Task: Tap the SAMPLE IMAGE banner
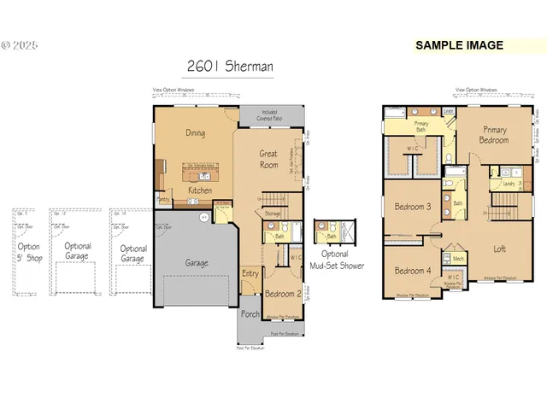[x=459, y=45]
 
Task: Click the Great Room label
[x=269, y=159]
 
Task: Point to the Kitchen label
[x=200, y=190]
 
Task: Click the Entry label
[x=250, y=273]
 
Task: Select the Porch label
[x=250, y=313]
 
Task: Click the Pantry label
[x=163, y=200]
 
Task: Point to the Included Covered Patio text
[x=271, y=114]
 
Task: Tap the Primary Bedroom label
[x=495, y=135]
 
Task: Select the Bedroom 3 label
[x=412, y=208]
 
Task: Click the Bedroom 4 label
[x=412, y=271]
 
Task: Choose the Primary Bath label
[x=421, y=126]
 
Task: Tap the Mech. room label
[x=458, y=258]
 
